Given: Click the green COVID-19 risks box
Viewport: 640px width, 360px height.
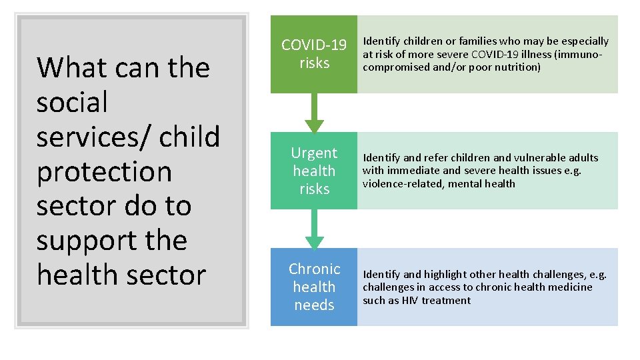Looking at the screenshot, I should coord(314,54).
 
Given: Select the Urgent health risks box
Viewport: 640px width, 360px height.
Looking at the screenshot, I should coord(314,171).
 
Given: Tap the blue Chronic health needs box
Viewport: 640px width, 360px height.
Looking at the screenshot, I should coord(314,287).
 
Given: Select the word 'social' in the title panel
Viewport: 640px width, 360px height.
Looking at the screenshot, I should coord(72,103).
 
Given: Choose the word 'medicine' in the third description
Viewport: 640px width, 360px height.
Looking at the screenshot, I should coord(571,287).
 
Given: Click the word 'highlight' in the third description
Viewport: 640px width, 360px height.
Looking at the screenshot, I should coord(445,275).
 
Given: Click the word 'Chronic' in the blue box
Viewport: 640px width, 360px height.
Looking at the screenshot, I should coord(314,269).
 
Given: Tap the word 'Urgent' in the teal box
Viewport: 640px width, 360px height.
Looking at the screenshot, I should coord(314,153).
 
